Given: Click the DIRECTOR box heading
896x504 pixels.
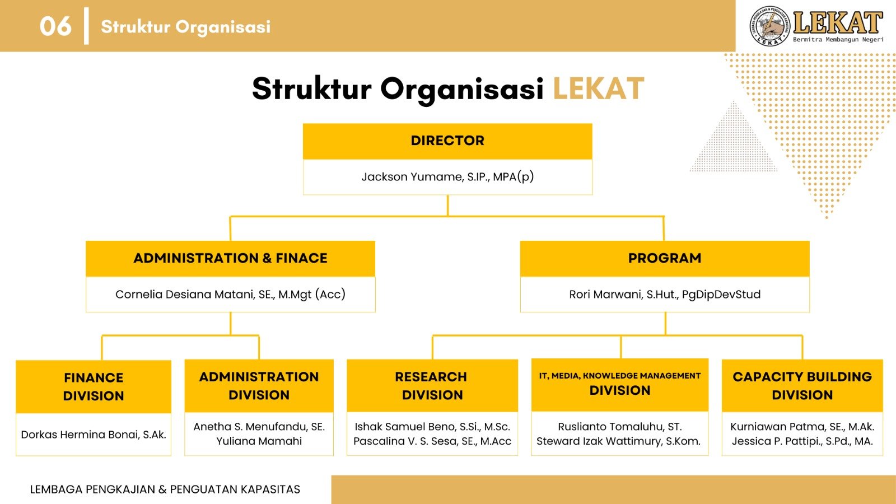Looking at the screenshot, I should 447,141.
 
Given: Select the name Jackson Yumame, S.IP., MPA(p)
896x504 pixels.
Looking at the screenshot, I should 447,177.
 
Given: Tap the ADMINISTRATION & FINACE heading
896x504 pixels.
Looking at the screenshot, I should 230,258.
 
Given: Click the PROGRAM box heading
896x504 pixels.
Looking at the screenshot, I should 665,258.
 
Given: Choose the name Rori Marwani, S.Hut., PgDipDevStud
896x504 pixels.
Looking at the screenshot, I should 665,295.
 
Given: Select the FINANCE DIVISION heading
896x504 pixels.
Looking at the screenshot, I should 94,386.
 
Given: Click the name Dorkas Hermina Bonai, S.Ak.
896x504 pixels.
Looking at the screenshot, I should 94,435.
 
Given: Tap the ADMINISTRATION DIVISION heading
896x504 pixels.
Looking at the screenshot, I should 259,386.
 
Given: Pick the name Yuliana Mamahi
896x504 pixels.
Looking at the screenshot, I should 259,441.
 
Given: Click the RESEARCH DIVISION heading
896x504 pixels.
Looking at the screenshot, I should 432,386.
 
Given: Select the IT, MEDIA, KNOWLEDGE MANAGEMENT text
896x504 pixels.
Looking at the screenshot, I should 619,376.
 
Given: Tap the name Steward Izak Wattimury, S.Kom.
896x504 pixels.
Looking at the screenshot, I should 618,441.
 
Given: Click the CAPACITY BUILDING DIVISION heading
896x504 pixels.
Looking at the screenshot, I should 802,386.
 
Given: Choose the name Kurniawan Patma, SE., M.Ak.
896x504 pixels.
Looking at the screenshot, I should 802,427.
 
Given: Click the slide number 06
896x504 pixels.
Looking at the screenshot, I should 55,26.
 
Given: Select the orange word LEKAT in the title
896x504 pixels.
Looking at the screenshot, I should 598,89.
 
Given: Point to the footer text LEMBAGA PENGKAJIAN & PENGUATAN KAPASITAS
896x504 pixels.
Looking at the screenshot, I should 165,489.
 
